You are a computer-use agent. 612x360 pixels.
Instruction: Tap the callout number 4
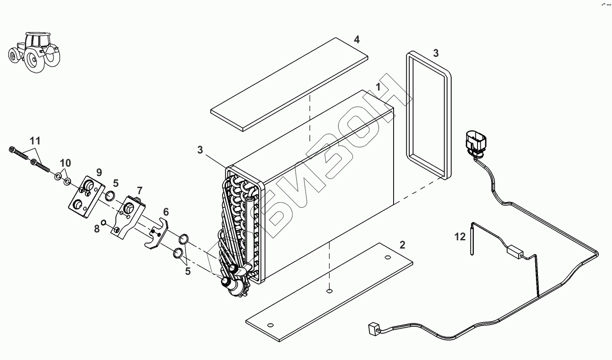(357, 39)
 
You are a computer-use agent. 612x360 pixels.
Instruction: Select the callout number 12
(460, 237)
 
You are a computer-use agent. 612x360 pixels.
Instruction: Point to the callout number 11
(35, 141)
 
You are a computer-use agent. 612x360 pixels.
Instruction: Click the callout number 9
(99, 172)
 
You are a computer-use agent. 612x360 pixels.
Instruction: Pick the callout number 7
(140, 190)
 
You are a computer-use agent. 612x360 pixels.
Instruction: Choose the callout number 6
(166, 212)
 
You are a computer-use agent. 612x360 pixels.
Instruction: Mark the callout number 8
(97, 229)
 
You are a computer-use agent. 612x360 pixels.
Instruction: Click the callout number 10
(65, 163)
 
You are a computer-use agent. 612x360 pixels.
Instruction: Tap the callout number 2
(402, 245)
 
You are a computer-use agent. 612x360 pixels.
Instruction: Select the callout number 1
(378, 87)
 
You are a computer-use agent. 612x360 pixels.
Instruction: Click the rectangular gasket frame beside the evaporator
(428, 115)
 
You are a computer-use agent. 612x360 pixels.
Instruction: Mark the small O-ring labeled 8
(104, 223)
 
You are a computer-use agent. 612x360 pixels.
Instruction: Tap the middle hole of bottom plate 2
(329, 292)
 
